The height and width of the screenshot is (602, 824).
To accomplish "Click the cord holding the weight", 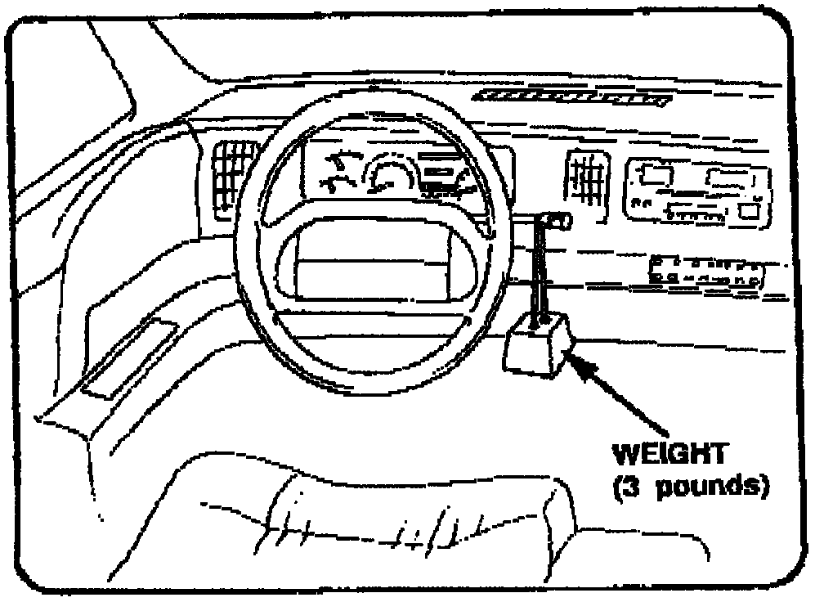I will coord(539,274).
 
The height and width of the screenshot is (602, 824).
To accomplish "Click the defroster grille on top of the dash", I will coord(572,98).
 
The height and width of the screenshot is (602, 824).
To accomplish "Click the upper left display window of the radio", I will coord(653,174).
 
